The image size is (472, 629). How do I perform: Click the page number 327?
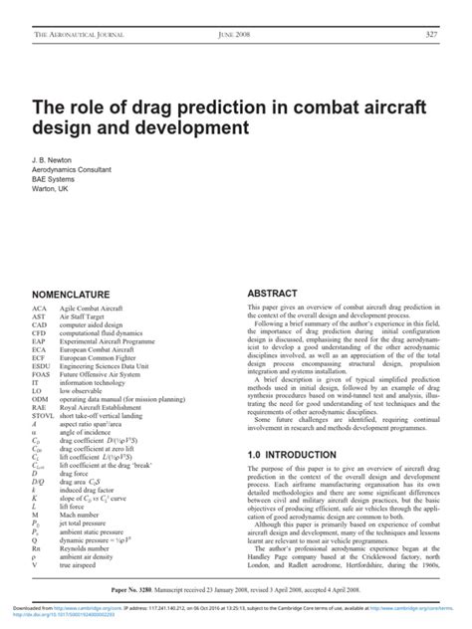point(431,36)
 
